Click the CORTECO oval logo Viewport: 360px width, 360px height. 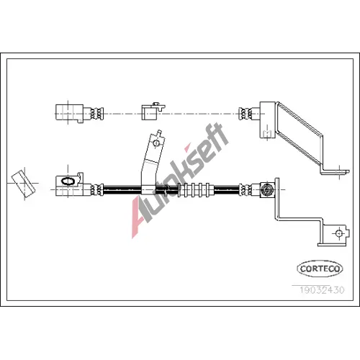pyautogui.click(x=320, y=269)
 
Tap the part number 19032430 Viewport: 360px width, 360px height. pyautogui.click(x=322, y=290)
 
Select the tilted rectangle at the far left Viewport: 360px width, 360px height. pyautogui.click(x=23, y=184)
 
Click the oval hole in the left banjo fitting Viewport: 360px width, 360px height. pyautogui.click(x=68, y=181)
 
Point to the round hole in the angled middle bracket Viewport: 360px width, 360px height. pyautogui.click(x=156, y=143)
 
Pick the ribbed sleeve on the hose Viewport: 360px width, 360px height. pyautogui.click(x=196, y=190)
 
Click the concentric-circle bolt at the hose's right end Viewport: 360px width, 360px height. pyautogui.click(x=267, y=190)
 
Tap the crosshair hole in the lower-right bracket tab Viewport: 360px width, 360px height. pyautogui.click(x=339, y=233)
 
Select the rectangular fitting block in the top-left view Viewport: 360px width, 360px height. pyautogui.click(x=69, y=112)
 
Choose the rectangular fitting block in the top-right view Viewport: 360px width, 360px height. pyautogui.click(x=267, y=120)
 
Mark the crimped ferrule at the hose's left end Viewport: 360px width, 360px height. pyautogui.click(x=96, y=190)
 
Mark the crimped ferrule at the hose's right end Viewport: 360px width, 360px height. pyautogui.click(x=246, y=190)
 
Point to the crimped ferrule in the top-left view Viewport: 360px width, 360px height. pyautogui.click(x=96, y=113)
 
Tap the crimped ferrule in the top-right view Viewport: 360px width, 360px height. pyautogui.click(x=246, y=113)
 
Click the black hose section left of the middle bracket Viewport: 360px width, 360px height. pyautogui.click(x=122, y=190)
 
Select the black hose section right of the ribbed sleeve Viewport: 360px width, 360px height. pyautogui.click(x=227, y=190)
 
